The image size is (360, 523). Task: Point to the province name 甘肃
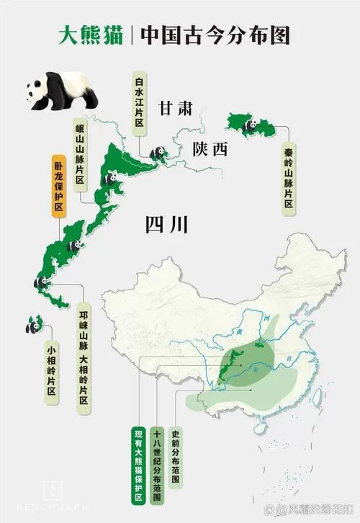[x=176, y=109]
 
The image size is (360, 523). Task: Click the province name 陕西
[x=210, y=149]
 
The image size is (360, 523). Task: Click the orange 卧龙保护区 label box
[x=58, y=185]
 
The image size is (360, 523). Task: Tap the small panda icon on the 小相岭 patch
[x=32, y=327]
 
